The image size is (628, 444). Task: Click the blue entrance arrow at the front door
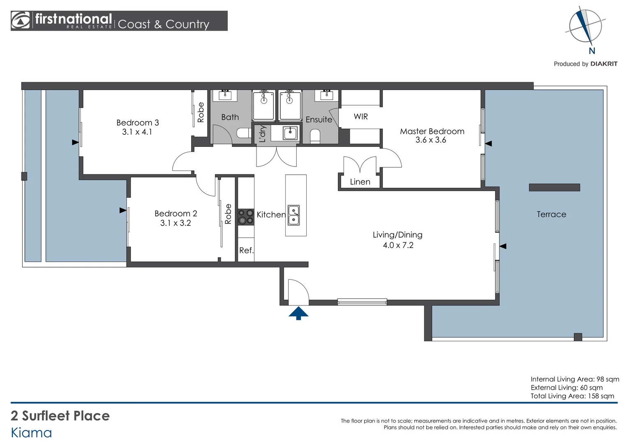click(x=298, y=313)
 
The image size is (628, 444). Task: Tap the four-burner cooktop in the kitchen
click(x=246, y=217)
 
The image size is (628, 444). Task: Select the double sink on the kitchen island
click(x=294, y=215)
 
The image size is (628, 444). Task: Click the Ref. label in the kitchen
click(x=247, y=250)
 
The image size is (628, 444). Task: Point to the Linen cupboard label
click(x=360, y=182)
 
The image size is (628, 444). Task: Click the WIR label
click(x=360, y=116)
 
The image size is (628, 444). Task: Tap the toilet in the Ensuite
click(x=315, y=136)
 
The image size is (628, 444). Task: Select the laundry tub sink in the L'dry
click(x=290, y=133)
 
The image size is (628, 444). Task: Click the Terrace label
click(x=551, y=214)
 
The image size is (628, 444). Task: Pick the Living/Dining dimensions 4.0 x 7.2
click(x=398, y=245)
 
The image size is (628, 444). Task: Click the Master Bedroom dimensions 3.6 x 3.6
click(x=431, y=140)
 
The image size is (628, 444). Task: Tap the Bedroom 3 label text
click(x=137, y=123)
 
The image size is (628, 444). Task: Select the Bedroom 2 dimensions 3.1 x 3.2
click(x=175, y=223)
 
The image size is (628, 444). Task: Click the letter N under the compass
click(x=592, y=51)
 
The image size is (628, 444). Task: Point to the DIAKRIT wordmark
click(x=604, y=64)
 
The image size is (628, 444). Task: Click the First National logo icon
click(x=20, y=20)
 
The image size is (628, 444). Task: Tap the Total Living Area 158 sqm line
click(x=572, y=396)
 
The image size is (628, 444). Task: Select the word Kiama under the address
click(x=31, y=433)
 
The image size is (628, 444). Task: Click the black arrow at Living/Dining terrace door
click(x=503, y=246)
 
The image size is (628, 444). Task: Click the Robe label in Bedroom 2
click(x=228, y=214)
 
